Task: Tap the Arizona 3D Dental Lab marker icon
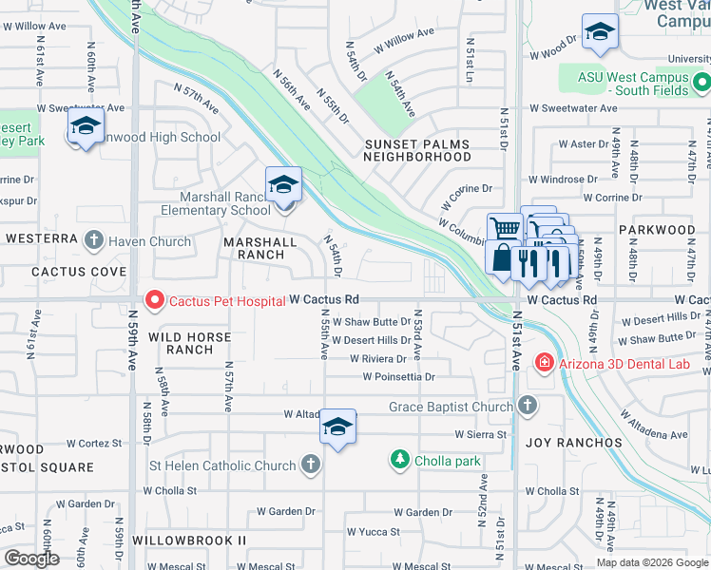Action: (x=543, y=361)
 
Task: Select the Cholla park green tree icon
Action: (x=400, y=461)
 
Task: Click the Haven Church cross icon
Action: (x=93, y=241)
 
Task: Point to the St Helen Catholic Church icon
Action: (x=309, y=465)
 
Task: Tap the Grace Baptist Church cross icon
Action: (x=528, y=407)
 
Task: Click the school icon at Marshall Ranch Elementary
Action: (x=282, y=184)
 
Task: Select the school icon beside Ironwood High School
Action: (x=86, y=126)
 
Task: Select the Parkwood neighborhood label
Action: (x=657, y=230)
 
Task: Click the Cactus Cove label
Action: (x=66, y=272)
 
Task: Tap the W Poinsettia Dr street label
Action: (x=398, y=377)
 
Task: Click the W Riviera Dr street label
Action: (x=378, y=359)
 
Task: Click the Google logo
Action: (x=31, y=559)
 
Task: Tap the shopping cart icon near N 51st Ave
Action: (x=505, y=228)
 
